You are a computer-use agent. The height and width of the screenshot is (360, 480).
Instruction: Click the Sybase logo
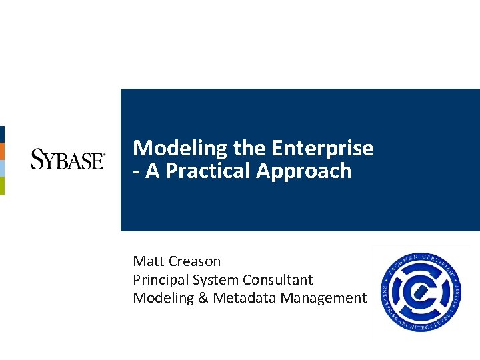(x=67, y=160)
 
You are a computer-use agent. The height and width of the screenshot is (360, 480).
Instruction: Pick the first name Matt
(x=147, y=261)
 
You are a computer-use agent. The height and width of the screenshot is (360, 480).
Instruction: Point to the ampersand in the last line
(x=203, y=298)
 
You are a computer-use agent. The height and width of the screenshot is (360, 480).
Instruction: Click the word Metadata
(x=244, y=298)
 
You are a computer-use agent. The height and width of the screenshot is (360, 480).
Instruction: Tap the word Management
(x=323, y=298)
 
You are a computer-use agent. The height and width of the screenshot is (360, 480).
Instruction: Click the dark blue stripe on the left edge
(x=2, y=134)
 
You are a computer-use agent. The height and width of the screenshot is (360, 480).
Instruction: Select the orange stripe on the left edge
(x=2, y=151)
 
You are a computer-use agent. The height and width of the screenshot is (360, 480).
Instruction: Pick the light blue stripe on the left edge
(x=2, y=168)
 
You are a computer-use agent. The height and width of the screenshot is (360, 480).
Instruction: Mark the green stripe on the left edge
(x=2, y=185)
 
